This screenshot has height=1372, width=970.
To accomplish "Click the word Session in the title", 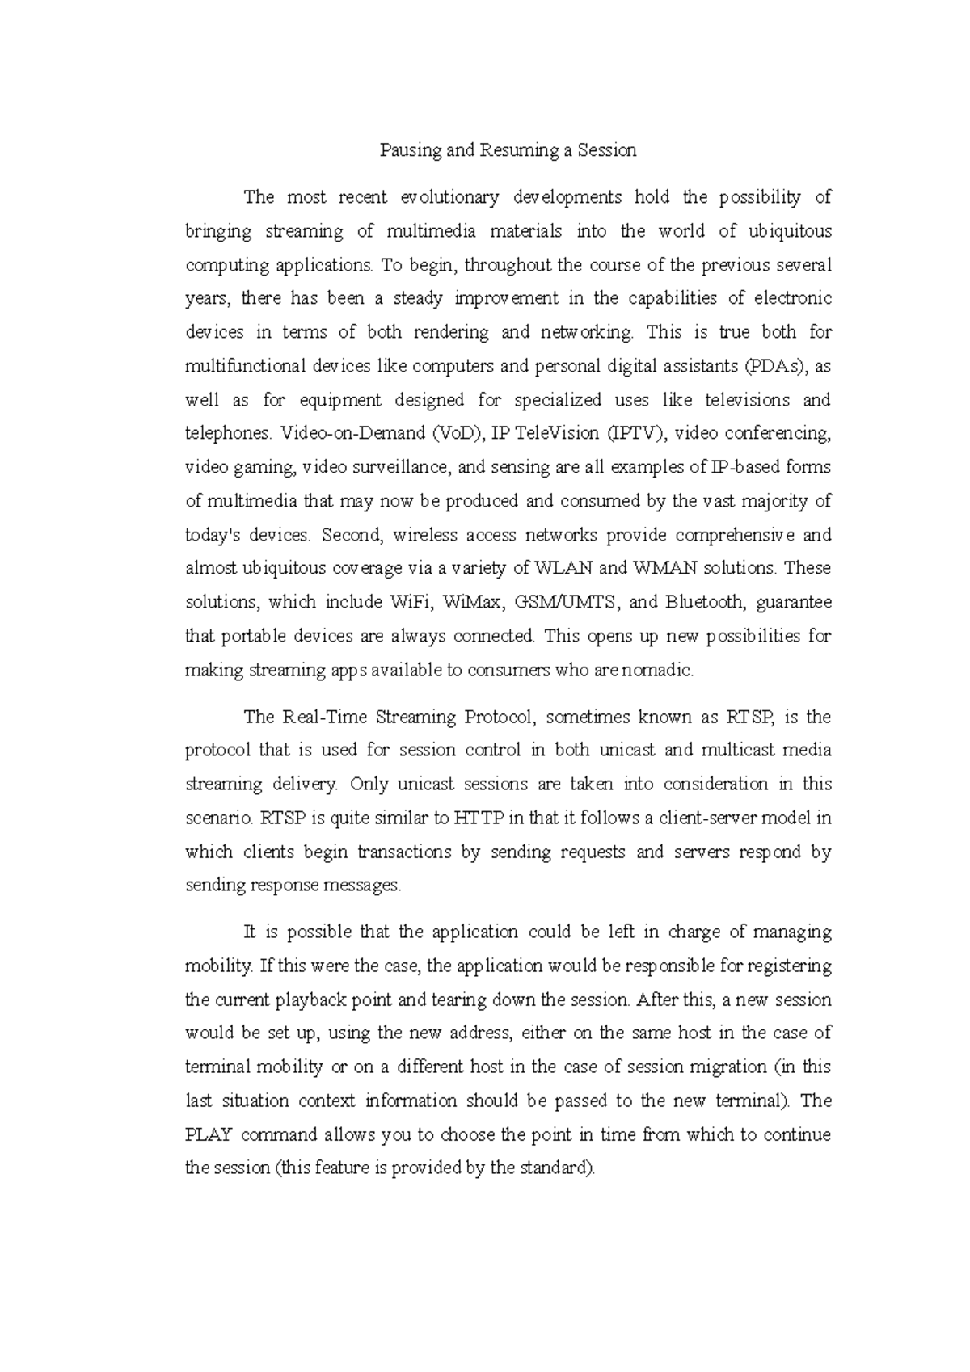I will tap(607, 150).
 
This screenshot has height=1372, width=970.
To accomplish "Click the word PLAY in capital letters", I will tap(209, 1135).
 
